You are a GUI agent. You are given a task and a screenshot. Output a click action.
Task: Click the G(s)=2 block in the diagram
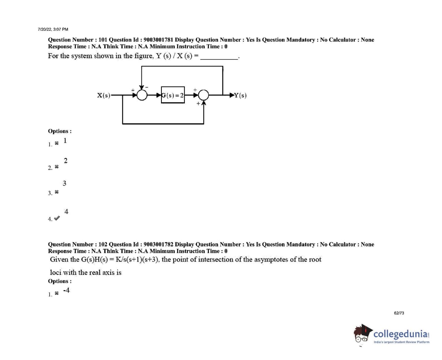(173, 95)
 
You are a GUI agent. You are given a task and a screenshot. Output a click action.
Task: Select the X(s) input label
(103, 95)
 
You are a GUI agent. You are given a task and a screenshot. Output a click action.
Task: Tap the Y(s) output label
(240, 95)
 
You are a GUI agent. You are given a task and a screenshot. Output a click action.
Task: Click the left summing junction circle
(142, 95)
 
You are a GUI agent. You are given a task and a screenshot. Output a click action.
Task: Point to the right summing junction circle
(204, 95)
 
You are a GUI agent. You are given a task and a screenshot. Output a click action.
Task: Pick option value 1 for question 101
(65, 140)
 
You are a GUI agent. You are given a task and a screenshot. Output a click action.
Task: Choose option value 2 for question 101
(66, 161)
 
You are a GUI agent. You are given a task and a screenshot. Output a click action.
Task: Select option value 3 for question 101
(64, 183)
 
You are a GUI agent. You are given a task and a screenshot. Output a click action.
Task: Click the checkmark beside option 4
(57, 218)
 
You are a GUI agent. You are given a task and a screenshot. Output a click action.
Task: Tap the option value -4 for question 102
(66, 290)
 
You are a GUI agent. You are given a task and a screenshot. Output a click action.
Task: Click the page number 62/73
(399, 313)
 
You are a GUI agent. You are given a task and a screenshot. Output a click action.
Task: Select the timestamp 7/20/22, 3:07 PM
(53, 29)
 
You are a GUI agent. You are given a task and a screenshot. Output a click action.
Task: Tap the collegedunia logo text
(401, 334)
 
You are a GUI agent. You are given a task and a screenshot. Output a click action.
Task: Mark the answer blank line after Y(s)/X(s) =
(219, 59)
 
